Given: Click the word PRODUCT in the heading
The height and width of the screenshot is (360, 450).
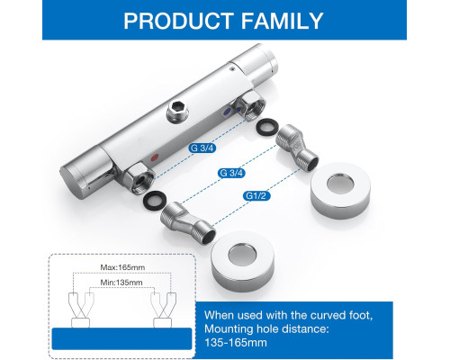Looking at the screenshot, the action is [178, 21].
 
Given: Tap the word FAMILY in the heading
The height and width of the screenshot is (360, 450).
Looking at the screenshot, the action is [282, 21].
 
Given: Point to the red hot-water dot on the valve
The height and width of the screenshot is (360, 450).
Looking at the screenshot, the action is [155, 157].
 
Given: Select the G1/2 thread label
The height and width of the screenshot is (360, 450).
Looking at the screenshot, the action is [256, 196].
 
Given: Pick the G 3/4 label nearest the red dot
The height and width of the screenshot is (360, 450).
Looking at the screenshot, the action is [202, 148].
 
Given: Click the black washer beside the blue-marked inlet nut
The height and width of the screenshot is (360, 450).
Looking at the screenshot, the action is [268, 126].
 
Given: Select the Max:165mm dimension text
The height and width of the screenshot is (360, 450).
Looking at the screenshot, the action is [122, 267].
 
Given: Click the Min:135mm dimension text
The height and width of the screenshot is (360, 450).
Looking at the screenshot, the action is [121, 283].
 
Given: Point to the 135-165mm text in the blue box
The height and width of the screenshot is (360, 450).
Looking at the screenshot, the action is [236, 342].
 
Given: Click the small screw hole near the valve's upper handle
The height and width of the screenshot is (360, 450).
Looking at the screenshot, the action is [232, 69].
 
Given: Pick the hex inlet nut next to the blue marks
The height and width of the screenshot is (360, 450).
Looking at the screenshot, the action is [251, 105].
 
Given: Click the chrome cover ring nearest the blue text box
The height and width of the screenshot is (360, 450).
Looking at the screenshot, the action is [242, 262].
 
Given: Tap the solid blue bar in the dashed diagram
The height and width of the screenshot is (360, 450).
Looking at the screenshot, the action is [121, 339].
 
